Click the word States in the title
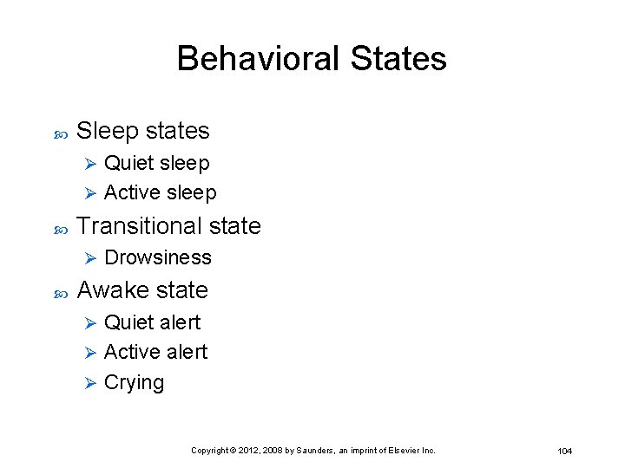pos(399,59)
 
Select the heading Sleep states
pos(143,131)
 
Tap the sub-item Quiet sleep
pos(156,163)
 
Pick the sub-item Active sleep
pos(160,192)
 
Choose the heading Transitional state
pos(168,226)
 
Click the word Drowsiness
pos(157,257)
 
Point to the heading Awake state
pos(142,290)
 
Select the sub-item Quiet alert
pos(152,322)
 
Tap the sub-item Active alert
pos(155,352)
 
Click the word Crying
pos(134,382)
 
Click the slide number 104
pos(564,451)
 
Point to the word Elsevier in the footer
pos(404,451)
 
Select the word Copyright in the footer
pos(210,451)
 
